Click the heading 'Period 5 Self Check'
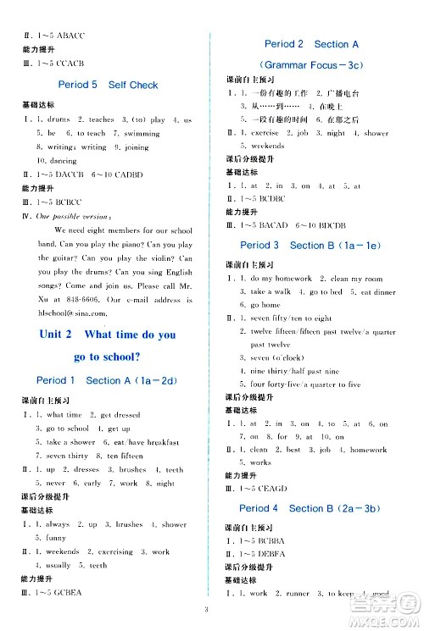tap(108, 85)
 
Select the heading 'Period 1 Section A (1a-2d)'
tap(108, 380)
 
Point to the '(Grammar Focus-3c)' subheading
tap(311, 65)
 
